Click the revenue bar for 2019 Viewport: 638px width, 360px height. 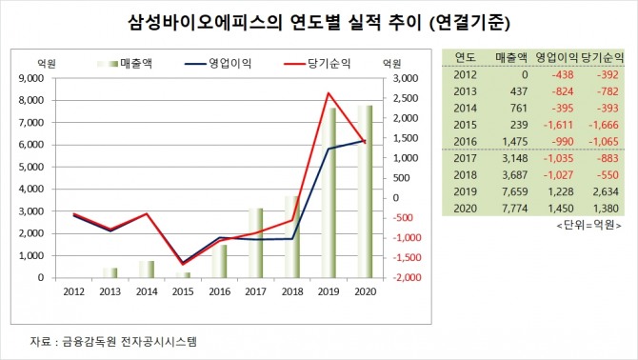(329, 192)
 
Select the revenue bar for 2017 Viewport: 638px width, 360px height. (256, 243)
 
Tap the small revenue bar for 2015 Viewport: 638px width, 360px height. (183, 275)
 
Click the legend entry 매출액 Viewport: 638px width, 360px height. (125, 64)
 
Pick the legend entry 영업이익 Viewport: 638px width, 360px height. (218, 64)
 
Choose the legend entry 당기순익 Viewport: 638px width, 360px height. (317, 64)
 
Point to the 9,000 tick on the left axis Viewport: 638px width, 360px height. (30, 78)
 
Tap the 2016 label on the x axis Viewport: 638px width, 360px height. (219, 291)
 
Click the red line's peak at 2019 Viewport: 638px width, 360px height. (329, 93)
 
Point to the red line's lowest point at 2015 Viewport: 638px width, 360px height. (183, 265)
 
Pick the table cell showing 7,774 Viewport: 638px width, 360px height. (515, 209)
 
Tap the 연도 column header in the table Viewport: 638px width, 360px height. (465, 57)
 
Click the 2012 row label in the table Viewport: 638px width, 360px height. (465, 75)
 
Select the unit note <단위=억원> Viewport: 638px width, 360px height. (588, 225)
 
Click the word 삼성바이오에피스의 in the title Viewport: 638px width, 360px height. (205, 23)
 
